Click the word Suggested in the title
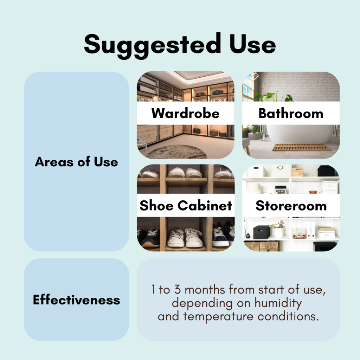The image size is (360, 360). pyautogui.click(x=153, y=45)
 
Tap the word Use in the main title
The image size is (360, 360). pyautogui.click(x=252, y=44)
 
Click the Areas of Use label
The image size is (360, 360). pyautogui.click(x=76, y=162)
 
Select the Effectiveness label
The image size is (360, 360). pyautogui.click(x=76, y=300)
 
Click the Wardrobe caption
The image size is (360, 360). pyautogui.click(x=186, y=113)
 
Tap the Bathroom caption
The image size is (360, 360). pyautogui.click(x=291, y=113)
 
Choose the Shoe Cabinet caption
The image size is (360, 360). pyautogui.click(x=186, y=205)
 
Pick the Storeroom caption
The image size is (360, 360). pyautogui.click(x=291, y=205)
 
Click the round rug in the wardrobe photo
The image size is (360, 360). pyautogui.click(x=177, y=152)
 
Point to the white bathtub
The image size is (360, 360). pyautogui.click(x=300, y=134)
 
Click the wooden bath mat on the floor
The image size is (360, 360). pyautogui.click(x=301, y=147)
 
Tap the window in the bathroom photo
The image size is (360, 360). pyautogui.click(x=249, y=87)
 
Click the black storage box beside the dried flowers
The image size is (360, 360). pyautogui.click(x=261, y=232)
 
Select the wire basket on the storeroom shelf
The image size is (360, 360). pyautogui.click(x=299, y=233)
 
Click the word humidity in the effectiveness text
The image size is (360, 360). pyautogui.click(x=278, y=303)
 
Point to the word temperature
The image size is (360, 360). pyautogui.click(x=218, y=316)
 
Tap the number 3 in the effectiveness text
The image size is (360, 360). pyautogui.click(x=177, y=289)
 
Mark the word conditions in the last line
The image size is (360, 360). pyautogui.click(x=288, y=316)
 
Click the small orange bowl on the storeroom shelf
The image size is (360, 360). pyautogui.click(x=313, y=192)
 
